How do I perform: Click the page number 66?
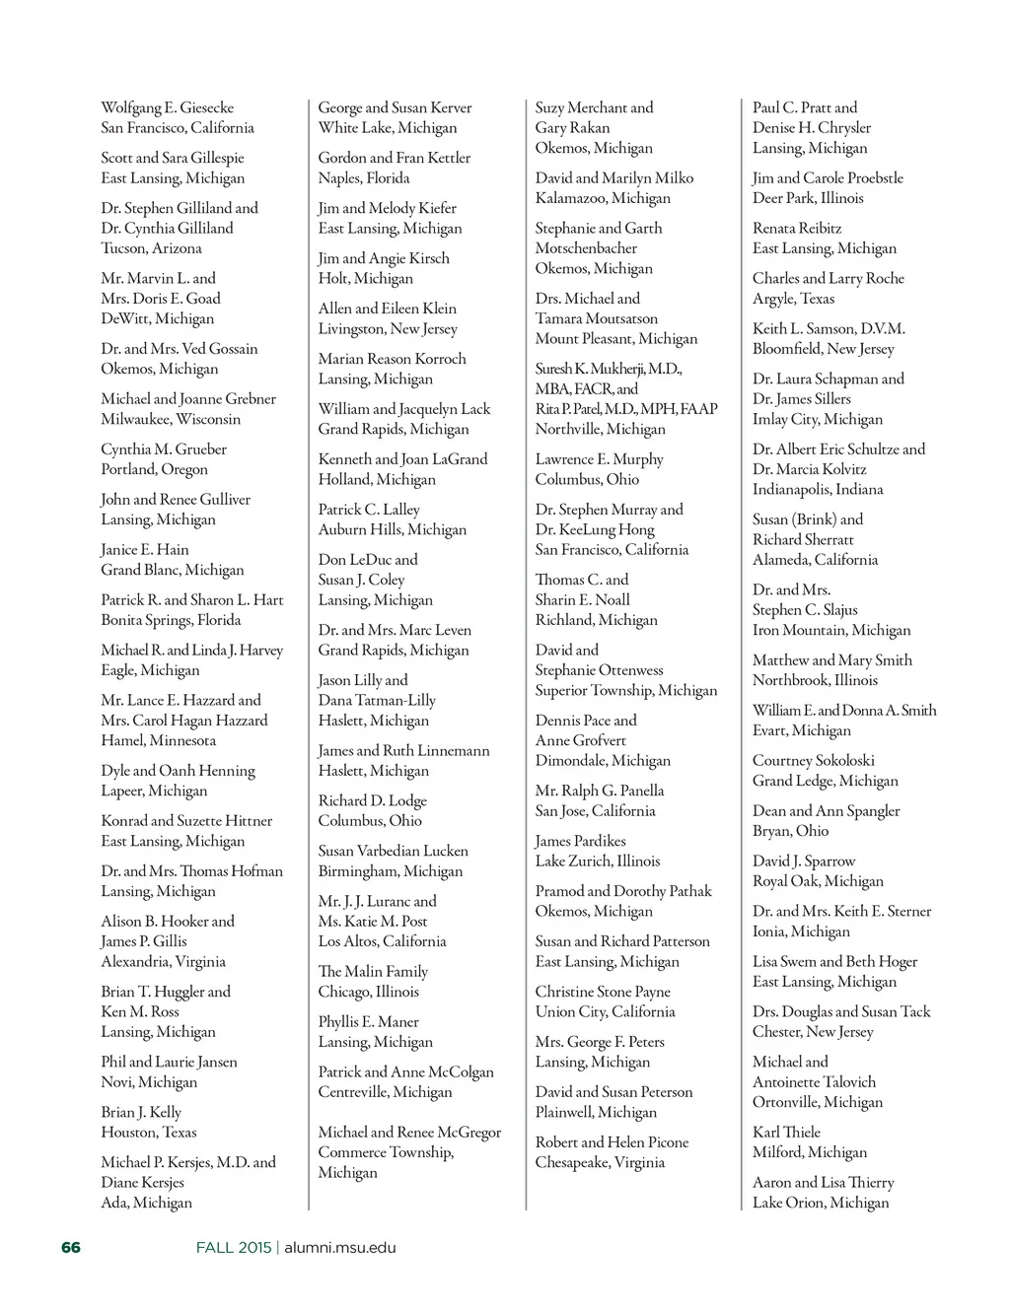click(x=71, y=1248)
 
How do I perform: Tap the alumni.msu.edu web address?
click(x=340, y=1248)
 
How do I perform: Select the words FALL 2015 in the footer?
click(x=233, y=1248)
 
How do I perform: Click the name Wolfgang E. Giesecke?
click(x=168, y=107)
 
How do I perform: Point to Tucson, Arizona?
click(x=151, y=248)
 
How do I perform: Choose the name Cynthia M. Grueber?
click(x=164, y=449)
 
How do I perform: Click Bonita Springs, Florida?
click(x=171, y=620)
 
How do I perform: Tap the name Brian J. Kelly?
click(x=141, y=1112)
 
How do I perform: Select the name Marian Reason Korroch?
click(x=392, y=359)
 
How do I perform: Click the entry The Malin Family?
click(x=373, y=971)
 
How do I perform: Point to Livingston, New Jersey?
click(x=388, y=328)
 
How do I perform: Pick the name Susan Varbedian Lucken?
click(x=393, y=851)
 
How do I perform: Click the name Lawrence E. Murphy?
click(x=600, y=459)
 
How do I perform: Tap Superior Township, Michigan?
click(x=626, y=690)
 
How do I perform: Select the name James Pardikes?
click(x=581, y=841)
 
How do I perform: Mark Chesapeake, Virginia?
click(x=600, y=1162)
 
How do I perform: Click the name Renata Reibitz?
click(x=797, y=228)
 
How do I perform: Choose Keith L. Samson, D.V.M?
click(x=829, y=328)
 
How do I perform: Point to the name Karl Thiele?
click(x=786, y=1132)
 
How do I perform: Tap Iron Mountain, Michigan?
click(x=831, y=630)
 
